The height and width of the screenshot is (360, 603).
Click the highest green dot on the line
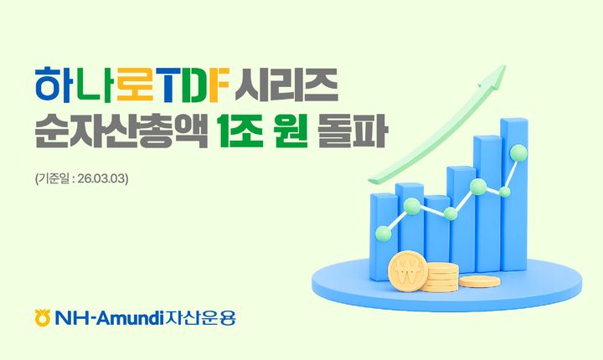click(518, 153)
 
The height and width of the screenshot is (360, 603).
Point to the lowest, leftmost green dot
click(383, 232)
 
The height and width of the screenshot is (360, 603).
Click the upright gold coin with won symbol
click(409, 270)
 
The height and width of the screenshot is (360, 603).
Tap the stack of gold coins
click(440, 277)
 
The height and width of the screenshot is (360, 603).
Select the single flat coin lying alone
click(479, 282)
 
